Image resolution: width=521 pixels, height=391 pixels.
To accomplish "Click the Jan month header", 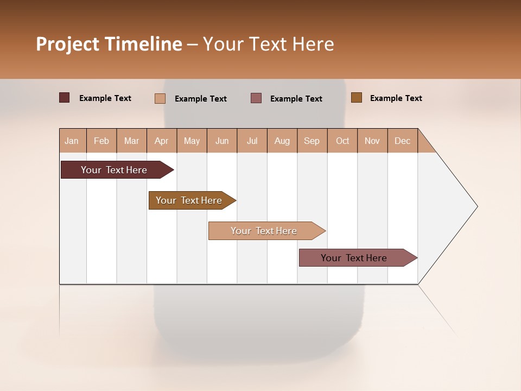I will pos(72,141).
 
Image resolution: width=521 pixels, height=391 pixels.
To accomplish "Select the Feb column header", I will pos(101,141).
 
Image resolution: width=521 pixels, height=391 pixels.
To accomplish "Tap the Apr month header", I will pos(162,141).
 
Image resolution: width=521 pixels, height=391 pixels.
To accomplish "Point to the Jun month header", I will pos(222,141).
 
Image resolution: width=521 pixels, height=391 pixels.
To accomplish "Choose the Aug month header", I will pos(282,141).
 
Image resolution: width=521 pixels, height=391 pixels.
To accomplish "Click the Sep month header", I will pos(312,141).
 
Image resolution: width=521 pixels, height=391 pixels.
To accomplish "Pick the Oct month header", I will pos(342,141).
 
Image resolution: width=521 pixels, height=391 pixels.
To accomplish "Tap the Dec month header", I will pos(403,141).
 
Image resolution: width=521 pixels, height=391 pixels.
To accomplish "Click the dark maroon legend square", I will pos(65,98).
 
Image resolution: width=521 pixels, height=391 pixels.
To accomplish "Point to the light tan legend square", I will pos(160,98).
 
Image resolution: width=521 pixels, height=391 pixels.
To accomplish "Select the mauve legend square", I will pos(256,98).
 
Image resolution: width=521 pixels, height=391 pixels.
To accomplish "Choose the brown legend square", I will pos(357,98).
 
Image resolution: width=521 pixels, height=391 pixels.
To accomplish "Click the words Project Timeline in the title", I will pos(109,44).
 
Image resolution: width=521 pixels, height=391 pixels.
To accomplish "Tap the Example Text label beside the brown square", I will pos(396,98).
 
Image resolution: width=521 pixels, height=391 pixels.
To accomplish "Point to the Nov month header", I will pos(372,141).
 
